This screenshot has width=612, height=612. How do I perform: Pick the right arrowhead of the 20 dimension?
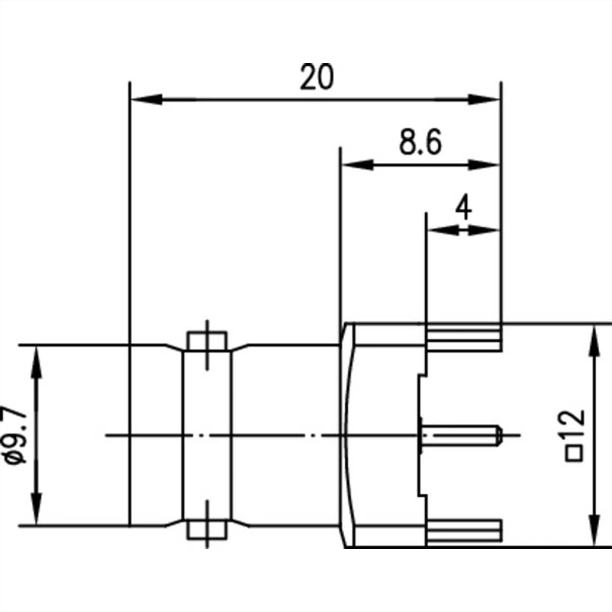(482, 100)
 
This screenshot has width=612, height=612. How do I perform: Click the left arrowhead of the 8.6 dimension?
(357, 165)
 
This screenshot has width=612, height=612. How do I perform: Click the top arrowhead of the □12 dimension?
(594, 339)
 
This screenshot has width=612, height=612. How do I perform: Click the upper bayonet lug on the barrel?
(207, 341)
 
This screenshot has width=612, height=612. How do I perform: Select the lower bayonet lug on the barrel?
(207, 529)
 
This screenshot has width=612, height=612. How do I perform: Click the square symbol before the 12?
(575, 453)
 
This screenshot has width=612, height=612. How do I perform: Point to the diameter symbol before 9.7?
(16, 457)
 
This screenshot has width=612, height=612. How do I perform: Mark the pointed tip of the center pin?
(501, 435)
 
